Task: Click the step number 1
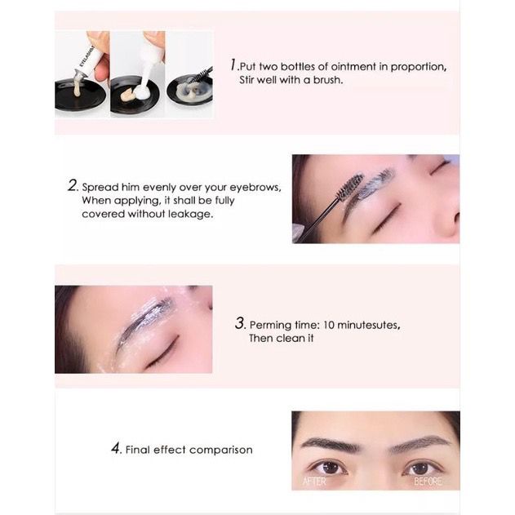pos(233,64)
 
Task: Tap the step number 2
pos(73,185)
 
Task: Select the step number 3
pos(240,323)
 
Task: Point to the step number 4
pos(116,448)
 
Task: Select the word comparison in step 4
pos(221,450)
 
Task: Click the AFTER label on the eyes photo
pos(314,482)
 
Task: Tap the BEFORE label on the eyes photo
pos(428,482)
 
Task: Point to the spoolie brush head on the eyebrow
pos(351,187)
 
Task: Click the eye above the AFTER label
pos(328,467)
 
